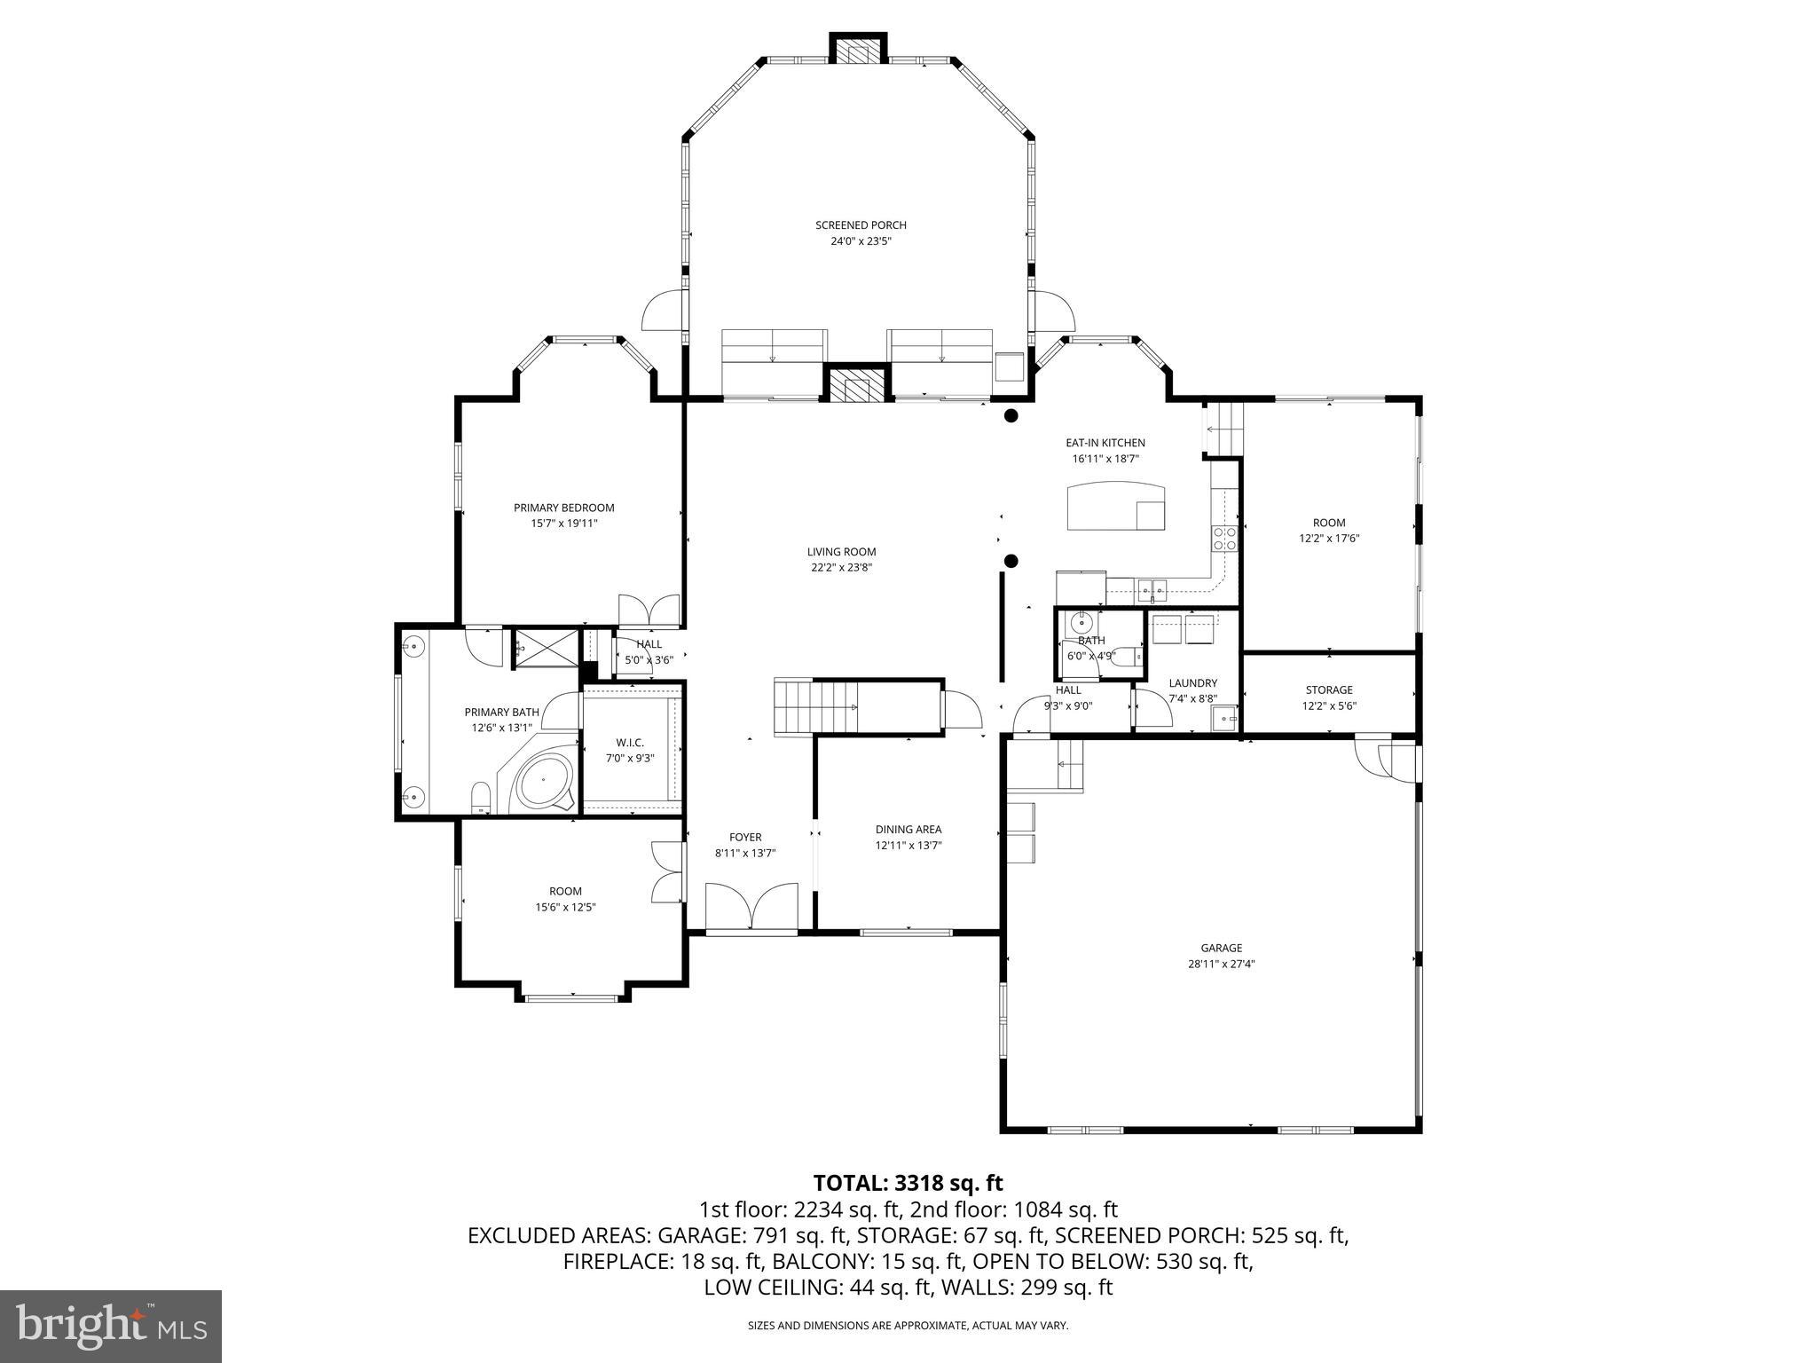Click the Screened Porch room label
pyautogui.click(x=861, y=225)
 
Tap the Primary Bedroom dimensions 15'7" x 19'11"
pyautogui.click(x=563, y=524)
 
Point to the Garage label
pyautogui.click(x=1221, y=948)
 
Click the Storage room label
pyautogui.click(x=1328, y=689)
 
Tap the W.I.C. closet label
pyautogui.click(x=630, y=742)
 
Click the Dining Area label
pyautogui.click(x=908, y=830)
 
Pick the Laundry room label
pyautogui.click(x=1192, y=682)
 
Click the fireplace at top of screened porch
pyautogui.click(x=858, y=51)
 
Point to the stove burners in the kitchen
pyautogui.click(x=1224, y=538)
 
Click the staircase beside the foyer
pyautogui.click(x=814, y=706)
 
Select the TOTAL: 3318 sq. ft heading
pyautogui.click(x=908, y=1183)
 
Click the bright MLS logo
pyautogui.click(x=111, y=1326)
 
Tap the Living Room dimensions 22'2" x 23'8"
pyautogui.click(x=841, y=568)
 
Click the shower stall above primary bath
pyautogui.click(x=546, y=647)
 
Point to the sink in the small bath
pyautogui.click(x=1077, y=623)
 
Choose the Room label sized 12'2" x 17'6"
pyautogui.click(x=1328, y=523)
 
